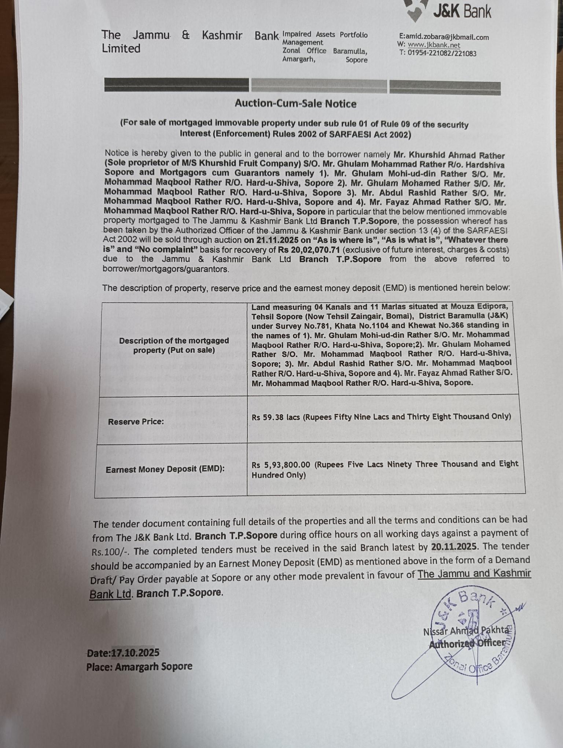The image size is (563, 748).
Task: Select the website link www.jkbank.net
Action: point(434,45)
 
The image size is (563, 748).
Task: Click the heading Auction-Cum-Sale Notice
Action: point(295,104)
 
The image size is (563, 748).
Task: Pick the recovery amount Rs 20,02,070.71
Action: point(308,250)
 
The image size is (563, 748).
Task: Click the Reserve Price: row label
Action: point(136,422)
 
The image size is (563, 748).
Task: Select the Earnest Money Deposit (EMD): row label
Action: point(165,470)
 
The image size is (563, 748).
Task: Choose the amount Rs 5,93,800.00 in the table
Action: point(281,465)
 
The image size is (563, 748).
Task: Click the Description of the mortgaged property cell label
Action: point(174,345)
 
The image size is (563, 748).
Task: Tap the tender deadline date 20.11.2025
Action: point(454,547)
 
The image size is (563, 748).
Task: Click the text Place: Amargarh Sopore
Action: point(139,667)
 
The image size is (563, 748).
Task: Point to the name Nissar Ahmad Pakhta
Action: point(466,631)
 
